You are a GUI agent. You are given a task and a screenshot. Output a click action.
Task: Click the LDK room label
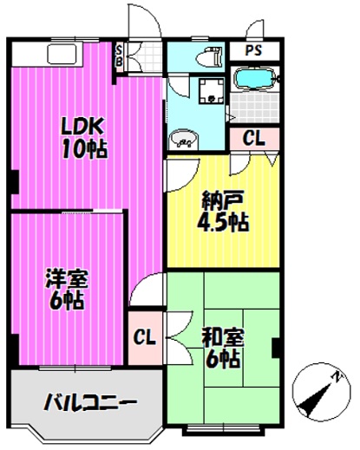point(82,127)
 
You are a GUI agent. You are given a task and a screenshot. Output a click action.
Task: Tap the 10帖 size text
point(85,149)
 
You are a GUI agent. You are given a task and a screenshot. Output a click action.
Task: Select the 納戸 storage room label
point(223,201)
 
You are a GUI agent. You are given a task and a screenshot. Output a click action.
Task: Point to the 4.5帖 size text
point(223,222)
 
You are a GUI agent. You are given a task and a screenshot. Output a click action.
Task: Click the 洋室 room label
point(67,278)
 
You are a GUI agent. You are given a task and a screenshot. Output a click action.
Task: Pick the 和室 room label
point(223,337)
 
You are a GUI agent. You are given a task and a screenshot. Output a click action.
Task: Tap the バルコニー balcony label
point(90,401)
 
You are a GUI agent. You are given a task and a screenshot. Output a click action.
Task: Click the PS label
point(253,50)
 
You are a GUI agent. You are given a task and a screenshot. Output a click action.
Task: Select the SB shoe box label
point(119,56)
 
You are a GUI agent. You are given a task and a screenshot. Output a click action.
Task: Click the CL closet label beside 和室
point(145,337)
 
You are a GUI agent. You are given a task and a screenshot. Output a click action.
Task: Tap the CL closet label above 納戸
point(253,139)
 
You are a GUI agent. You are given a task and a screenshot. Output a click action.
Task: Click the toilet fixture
point(210,56)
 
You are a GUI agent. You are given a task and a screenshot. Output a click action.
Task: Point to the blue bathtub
point(254,78)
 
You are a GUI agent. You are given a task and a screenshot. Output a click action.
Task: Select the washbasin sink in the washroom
point(184,140)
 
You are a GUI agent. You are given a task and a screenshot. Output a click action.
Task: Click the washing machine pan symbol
point(212,91)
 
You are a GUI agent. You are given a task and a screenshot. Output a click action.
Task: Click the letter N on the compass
point(336,376)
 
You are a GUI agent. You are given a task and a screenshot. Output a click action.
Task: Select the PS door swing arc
point(254,28)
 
